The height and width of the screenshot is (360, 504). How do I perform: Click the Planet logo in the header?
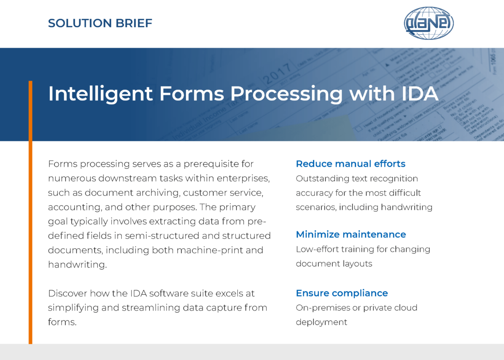[429, 23]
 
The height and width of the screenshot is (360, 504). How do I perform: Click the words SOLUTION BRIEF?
[100, 23]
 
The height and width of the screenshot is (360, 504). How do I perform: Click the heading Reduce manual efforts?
[351, 164]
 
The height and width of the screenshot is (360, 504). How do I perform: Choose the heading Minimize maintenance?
[351, 234]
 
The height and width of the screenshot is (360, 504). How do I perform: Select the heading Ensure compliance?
[342, 293]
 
